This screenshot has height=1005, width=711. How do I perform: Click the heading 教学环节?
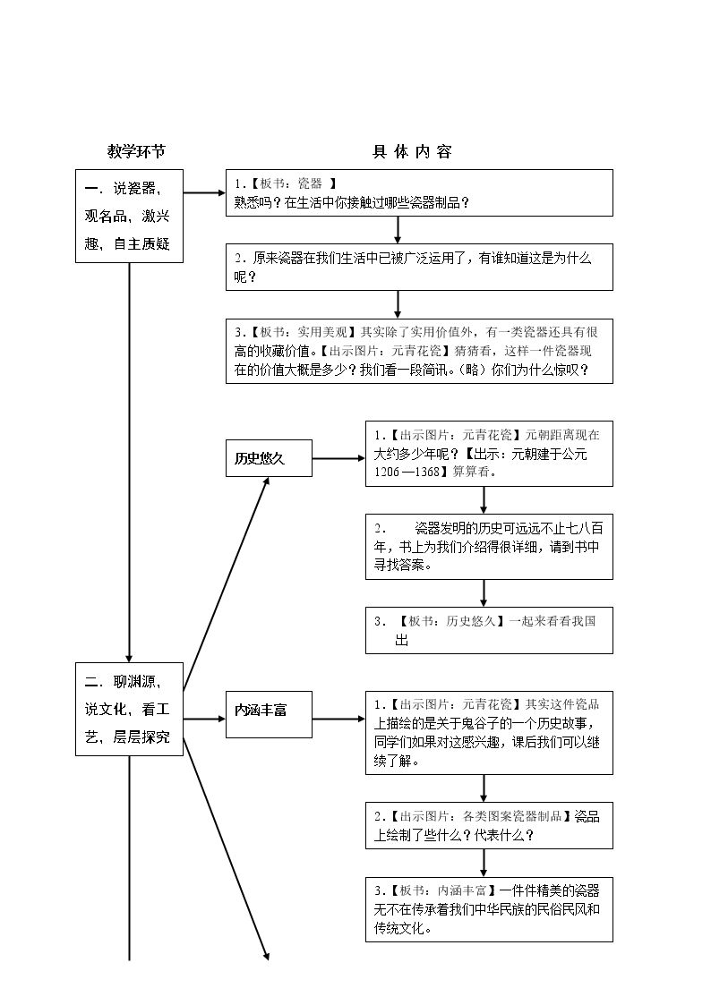[136, 152]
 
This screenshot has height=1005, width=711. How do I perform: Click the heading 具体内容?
[412, 152]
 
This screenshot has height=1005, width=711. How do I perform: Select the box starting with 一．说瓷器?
[130, 216]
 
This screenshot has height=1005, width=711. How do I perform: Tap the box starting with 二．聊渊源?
[130, 709]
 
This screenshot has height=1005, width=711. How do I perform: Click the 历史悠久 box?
[269, 458]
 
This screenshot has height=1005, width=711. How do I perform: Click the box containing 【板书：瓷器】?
[419, 193]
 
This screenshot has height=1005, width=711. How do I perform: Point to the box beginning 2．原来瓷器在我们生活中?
[419, 268]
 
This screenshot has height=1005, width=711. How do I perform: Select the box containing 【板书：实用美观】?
[419, 351]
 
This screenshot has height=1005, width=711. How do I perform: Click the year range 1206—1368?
[407, 472]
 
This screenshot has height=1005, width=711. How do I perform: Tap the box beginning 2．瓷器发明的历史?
[489, 547]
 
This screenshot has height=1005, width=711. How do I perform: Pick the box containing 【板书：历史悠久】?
[489, 631]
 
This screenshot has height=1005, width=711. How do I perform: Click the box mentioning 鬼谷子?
[489, 733]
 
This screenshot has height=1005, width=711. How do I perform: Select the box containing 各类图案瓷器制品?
[489, 825]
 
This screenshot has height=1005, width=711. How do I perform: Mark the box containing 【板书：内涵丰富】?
[489, 909]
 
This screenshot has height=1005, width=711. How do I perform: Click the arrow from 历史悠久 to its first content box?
[338, 458]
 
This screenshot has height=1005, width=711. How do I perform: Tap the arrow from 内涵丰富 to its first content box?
[338, 720]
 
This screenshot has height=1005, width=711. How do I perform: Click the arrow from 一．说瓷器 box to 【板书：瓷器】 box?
[204, 192]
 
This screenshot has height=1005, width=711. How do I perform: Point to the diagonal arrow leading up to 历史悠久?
[226, 583]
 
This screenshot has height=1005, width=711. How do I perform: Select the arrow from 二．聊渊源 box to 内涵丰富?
[204, 720]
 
